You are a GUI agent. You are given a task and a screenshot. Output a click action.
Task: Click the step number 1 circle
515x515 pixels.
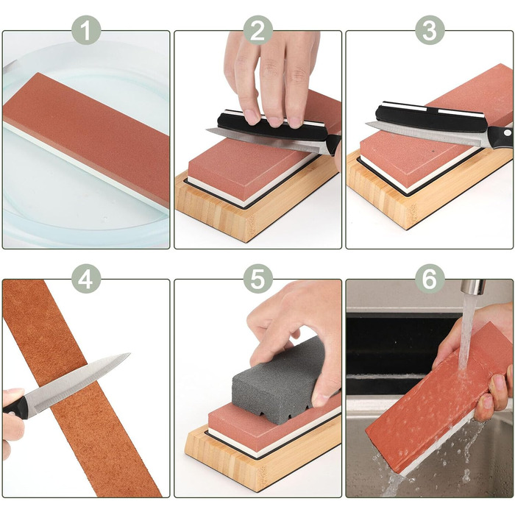click(x=86, y=30)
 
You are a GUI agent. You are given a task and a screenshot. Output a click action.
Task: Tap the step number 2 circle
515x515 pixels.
click(x=257, y=30)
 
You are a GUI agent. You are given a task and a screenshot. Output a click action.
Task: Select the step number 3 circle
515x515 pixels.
click(x=430, y=30)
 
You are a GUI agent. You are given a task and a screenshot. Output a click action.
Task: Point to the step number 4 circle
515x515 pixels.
click(x=86, y=279)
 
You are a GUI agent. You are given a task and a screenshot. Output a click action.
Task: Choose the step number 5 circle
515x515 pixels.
click(x=257, y=279)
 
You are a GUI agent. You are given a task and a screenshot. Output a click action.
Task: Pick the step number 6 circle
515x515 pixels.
click(x=430, y=279)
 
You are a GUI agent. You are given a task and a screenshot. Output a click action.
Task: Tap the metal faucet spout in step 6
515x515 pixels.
click(x=473, y=288)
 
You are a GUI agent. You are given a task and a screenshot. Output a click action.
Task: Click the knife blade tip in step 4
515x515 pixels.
click(x=129, y=354)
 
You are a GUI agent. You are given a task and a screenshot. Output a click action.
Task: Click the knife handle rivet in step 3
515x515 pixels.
click(x=508, y=132)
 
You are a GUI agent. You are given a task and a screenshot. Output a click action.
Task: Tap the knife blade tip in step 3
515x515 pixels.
click(x=367, y=124)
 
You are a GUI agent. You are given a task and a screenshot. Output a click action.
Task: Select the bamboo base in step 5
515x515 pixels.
click(x=260, y=460)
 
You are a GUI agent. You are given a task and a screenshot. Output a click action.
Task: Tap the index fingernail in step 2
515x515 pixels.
click(x=252, y=117)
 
